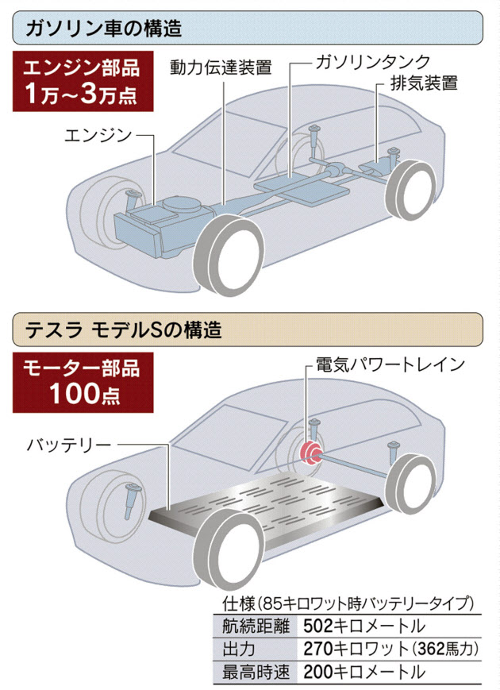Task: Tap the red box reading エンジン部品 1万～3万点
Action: [83, 81]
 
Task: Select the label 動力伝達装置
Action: [221, 67]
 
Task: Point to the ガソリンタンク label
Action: [372, 62]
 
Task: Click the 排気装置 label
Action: [424, 83]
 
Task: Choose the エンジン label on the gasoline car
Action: [98, 135]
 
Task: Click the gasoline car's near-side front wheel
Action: [229, 255]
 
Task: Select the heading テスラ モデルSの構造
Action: [124, 330]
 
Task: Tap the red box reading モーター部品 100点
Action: [83, 383]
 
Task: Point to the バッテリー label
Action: [70, 445]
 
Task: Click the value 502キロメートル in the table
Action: [364, 626]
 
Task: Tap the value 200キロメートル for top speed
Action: [364, 672]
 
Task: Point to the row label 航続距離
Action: [256, 626]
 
